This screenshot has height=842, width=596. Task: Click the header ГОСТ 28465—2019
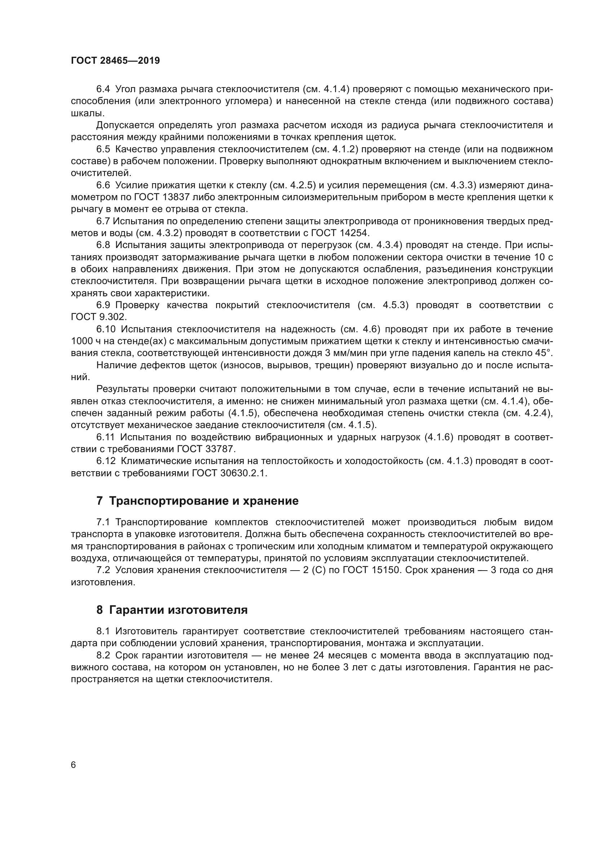[115, 61]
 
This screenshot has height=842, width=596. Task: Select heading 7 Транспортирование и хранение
[197, 501]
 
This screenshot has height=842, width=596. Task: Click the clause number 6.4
[103, 89]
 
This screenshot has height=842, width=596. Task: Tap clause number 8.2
[103, 655]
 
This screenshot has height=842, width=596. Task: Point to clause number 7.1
[103, 522]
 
